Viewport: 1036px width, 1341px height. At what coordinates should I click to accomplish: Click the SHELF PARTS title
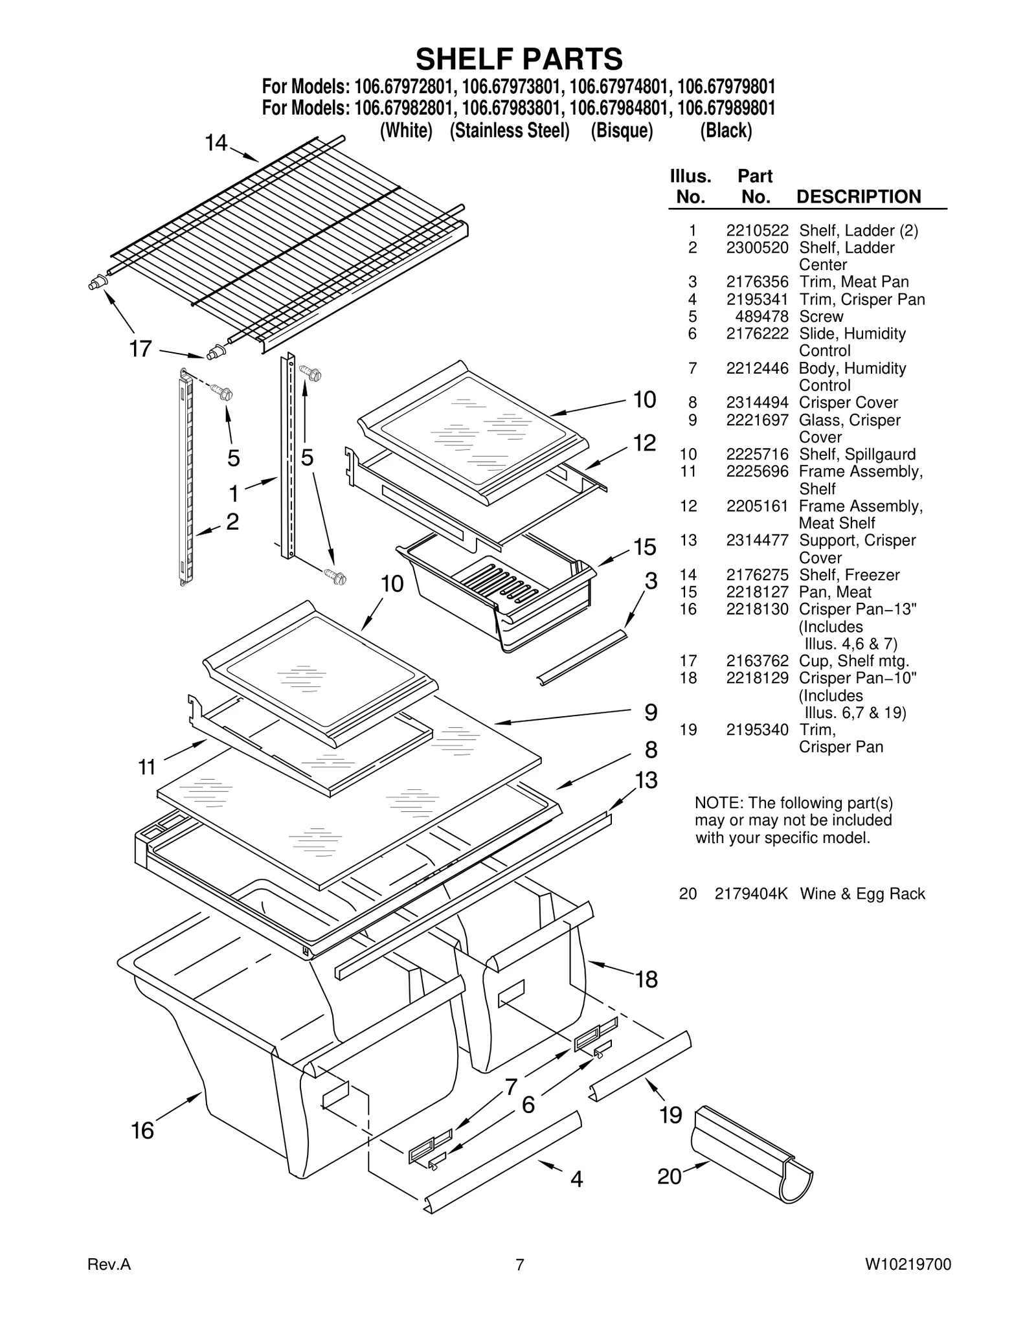[x=519, y=59]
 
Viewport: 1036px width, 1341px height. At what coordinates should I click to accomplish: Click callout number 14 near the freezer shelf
[x=217, y=142]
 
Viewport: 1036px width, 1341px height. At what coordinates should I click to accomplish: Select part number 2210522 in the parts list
[x=757, y=231]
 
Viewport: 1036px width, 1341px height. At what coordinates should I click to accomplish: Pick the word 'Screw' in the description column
[x=821, y=317]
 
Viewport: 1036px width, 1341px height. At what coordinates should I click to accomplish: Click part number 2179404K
[x=751, y=894]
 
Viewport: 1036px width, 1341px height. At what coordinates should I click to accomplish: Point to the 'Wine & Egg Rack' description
[x=862, y=894]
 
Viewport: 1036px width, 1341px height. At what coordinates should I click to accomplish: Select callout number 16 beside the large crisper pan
[x=142, y=1131]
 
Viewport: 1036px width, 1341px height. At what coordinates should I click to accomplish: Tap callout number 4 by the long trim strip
[x=576, y=1178]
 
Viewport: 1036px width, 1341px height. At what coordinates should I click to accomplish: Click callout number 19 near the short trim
[x=671, y=1115]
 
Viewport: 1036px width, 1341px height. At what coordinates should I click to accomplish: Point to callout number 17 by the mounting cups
[x=141, y=350]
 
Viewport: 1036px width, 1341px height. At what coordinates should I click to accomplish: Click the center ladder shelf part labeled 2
[x=186, y=479]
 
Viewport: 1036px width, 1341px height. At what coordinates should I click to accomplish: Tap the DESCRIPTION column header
[x=858, y=197]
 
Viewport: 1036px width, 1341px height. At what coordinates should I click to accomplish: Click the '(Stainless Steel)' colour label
[x=510, y=131]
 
